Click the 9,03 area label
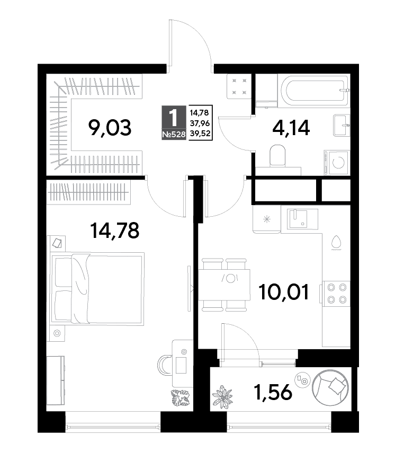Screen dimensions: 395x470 tap(110, 128)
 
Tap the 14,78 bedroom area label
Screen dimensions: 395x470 tap(115, 230)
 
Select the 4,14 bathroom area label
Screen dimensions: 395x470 tap(291, 128)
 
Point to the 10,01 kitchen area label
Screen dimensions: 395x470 tap(284, 292)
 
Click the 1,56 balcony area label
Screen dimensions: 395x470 tap(273, 392)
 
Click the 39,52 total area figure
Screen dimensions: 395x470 tap(200, 134)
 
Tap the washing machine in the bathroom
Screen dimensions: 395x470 tap(337, 163)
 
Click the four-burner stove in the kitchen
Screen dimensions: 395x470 tap(336, 294)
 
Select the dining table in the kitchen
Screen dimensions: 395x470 tap(225, 285)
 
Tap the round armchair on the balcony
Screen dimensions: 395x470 tap(330, 387)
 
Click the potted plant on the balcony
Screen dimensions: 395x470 tap(222, 396)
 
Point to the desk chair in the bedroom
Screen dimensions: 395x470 tap(164, 365)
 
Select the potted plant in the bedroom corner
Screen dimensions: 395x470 tap(181, 398)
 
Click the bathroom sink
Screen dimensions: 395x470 tap(341, 125)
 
